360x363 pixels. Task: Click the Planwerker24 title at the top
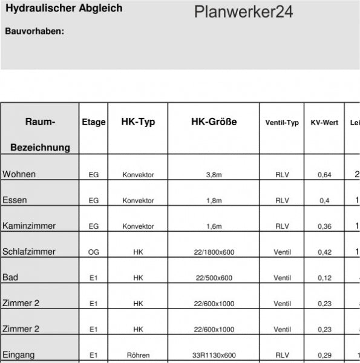point(244,13)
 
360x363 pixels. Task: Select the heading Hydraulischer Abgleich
point(64,8)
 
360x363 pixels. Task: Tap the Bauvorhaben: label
point(34,31)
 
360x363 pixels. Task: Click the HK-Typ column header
point(138,122)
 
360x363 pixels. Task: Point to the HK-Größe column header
point(214,122)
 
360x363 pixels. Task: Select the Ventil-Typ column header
point(282,123)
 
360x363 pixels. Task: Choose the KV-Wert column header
point(324,123)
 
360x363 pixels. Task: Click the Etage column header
point(94,122)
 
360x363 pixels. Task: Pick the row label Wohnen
point(19,174)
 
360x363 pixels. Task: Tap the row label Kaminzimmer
point(29,226)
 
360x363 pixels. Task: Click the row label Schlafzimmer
point(29,252)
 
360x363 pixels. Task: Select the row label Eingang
point(19,355)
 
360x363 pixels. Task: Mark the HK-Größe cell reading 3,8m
point(214,175)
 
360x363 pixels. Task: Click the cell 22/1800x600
point(214,252)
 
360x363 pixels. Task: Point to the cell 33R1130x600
point(214,355)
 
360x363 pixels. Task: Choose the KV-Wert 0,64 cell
point(325,175)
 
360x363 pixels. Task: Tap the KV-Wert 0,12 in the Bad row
point(325,278)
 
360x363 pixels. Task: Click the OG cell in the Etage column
point(94,252)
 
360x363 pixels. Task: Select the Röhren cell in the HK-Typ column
point(138,355)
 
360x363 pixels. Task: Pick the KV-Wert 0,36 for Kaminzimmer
point(325,226)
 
